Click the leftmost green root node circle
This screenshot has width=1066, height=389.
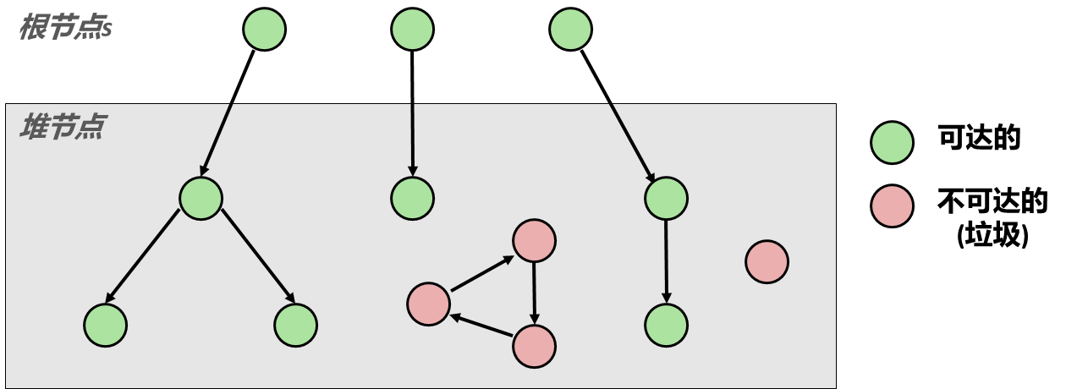(x=264, y=30)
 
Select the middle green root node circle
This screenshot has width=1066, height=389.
(x=412, y=30)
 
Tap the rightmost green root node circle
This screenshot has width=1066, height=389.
(x=570, y=30)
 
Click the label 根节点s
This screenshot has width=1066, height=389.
(x=66, y=28)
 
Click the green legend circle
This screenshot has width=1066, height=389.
(x=892, y=143)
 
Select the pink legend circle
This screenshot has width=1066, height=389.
(x=892, y=206)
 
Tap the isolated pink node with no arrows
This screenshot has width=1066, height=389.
(x=767, y=261)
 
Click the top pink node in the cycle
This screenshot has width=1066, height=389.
(x=534, y=241)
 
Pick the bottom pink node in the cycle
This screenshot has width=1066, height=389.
(x=534, y=346)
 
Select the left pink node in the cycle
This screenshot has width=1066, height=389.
(x=428, y=304)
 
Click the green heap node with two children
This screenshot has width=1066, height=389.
(x=201, y=199)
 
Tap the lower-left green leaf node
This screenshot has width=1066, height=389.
(x=105, y=325)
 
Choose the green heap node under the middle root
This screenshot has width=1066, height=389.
(x=412, y=199)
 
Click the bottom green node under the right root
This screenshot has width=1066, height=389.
(x=666, y=325)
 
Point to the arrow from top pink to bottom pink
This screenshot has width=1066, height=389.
(x=534, y=293)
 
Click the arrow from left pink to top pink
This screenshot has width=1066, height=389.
(x=482, y=273)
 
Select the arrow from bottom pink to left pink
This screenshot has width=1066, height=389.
(x=481, y=326)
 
